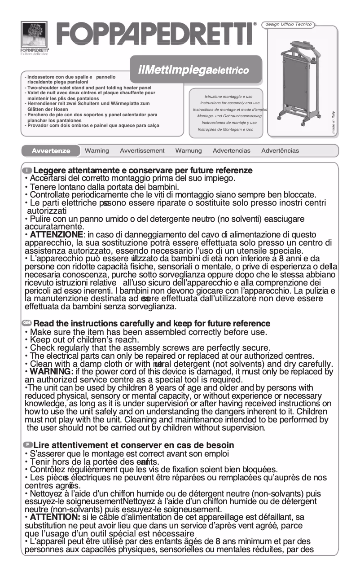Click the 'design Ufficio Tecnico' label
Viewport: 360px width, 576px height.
[289, 24]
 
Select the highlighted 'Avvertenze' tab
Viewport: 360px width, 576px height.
[51, 151]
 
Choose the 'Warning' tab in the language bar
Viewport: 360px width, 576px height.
[97, 151]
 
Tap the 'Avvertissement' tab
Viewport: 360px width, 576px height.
[142, 151]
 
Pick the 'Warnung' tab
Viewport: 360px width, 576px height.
[189, 151]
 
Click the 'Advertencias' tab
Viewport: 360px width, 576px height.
[232, 151]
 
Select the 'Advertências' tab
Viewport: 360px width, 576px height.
[280, 151]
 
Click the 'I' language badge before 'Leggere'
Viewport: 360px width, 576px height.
[27, 171]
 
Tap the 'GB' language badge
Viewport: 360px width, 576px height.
[27, 323]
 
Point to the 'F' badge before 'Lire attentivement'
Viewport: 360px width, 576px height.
[27, 445]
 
